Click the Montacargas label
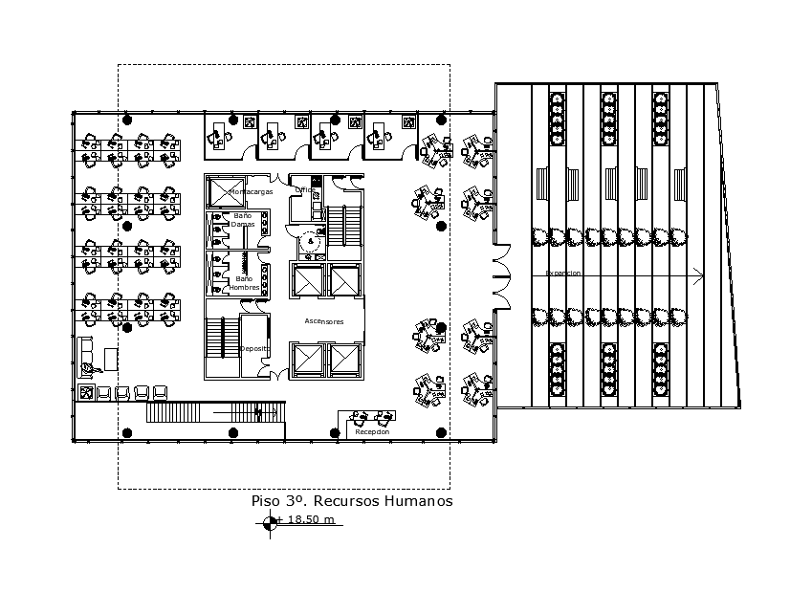251,192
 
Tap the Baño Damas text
243,219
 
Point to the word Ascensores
323,321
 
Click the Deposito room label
253,349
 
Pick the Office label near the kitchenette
304,190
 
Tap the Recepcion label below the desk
373,432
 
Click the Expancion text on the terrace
563,274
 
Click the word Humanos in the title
418,500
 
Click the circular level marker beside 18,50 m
270,522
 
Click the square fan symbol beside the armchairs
86,392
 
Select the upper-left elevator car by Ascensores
308,280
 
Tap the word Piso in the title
266,500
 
